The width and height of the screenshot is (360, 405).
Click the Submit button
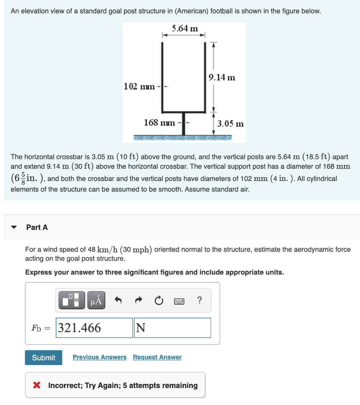(x=43, y=358)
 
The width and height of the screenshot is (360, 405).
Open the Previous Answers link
(x=100, y=357)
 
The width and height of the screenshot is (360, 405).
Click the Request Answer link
(x=157, y=357)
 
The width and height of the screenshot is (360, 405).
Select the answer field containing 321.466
(x=94, y=328)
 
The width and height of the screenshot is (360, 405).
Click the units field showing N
(x=172, y=328)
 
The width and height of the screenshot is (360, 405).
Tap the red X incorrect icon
(x=37, y=385)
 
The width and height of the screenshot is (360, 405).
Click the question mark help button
(x=199, y=301)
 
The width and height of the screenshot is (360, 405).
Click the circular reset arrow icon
(x=158, y=301)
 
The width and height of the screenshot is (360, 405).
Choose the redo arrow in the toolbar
(x=138, y=301)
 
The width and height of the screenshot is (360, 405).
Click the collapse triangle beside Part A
(x=14, y=227)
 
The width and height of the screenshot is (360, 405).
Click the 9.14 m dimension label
(x=222, y=77)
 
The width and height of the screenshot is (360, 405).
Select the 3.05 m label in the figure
(x=230, y=124)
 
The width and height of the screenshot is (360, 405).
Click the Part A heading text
(x=37, y=227)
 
